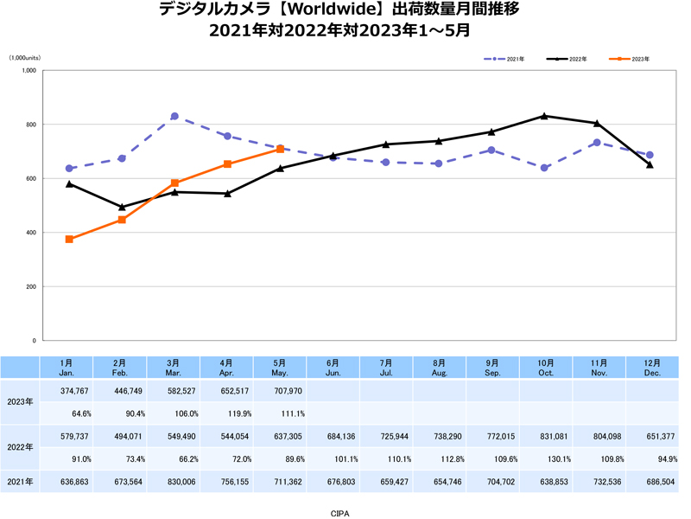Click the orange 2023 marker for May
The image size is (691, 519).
(281, 149)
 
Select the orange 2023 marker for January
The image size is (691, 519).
(69, 239)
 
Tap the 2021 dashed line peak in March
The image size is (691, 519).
(174, 116)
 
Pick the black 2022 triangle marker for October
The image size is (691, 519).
(544, 115)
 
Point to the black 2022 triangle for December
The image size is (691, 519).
(650, 164)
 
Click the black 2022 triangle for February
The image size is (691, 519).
(122, 207)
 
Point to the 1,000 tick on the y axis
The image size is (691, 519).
(28, 71)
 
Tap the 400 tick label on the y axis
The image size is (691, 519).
(29, 233)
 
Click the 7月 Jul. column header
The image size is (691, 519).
(386, 367)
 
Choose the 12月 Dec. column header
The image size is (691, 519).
(651, 367)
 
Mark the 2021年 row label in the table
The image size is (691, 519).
(20, 481)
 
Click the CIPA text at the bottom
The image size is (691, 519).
(340, 512)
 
